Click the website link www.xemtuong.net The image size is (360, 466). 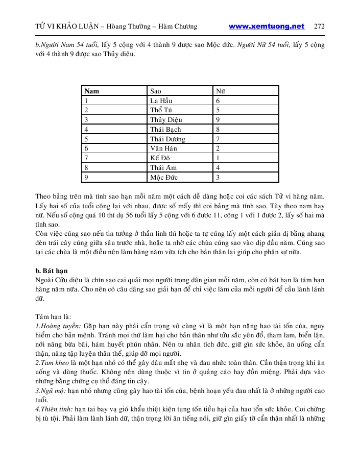[x=267, y=27]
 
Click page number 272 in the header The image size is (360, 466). [x=320, y=27]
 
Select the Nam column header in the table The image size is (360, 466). [x=92, y=91]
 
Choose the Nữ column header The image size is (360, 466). [x=221, y=91]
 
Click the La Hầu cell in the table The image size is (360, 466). [x=161, y=101]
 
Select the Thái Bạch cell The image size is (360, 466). [x=165, y=130]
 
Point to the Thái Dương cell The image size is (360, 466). [x=167, y=139]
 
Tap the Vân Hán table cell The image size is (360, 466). [x=163, y=149]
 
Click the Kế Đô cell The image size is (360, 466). [x=160, y=158]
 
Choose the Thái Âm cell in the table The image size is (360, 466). [x=162, y=168]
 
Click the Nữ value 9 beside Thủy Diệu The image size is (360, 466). [x=218, y=120]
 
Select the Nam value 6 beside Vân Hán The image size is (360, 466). [x=86, y=149]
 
